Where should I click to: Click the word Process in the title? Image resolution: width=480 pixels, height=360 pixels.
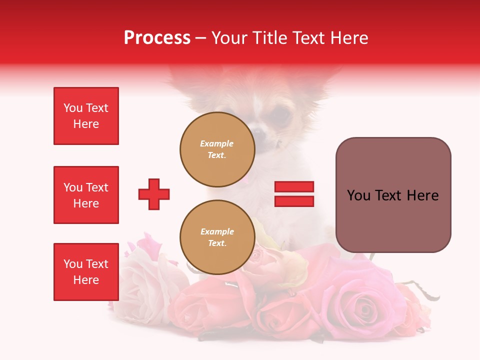[157, 38]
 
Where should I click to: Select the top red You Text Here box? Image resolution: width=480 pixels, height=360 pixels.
[86, 116]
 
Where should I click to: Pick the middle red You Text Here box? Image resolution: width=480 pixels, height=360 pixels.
[86, 195]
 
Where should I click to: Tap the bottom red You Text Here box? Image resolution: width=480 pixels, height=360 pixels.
[86, 272]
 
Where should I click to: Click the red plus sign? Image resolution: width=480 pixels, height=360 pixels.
[154, 194]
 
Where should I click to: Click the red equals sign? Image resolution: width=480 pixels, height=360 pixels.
[294, 194]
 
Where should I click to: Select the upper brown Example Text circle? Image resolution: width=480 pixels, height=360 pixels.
[217, 149]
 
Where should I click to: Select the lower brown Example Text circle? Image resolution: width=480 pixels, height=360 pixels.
[217, 237]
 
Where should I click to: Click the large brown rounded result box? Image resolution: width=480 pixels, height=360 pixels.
[393, 195]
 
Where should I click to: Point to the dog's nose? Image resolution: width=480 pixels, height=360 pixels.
[258, 132]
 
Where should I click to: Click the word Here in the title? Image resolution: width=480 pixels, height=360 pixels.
[350, 38]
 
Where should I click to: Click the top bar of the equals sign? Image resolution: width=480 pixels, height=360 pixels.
[294, 187]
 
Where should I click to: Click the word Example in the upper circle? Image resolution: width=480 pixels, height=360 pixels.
[217, 143]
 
